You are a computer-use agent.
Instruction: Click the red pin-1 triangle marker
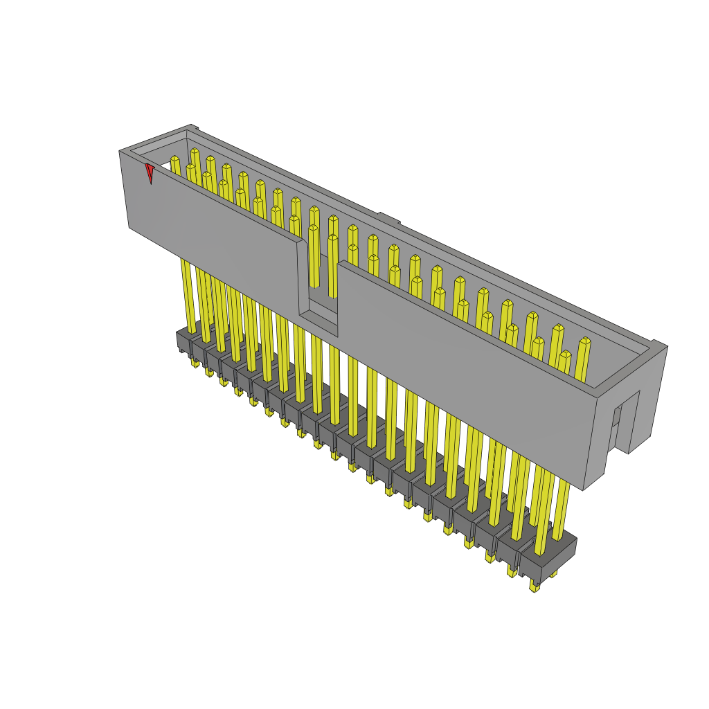[x=149, y=172]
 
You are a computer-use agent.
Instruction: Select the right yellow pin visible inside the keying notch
[x=332, y=267]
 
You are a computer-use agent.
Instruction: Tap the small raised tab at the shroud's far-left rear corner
[x=194, y=127]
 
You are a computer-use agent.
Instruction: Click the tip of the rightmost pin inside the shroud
[x=585, y=341]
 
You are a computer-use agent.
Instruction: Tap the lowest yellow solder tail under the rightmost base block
[x=534, y=586]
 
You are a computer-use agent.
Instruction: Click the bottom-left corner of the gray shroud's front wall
[x=129, y=226]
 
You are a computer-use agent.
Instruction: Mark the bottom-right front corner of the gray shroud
[x=583, y=490]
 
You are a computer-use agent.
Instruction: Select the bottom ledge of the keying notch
[x=318, y=321]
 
